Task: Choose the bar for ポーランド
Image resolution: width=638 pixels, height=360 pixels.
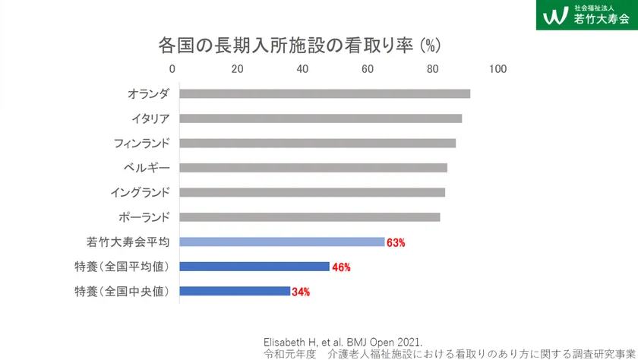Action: coord(309,217)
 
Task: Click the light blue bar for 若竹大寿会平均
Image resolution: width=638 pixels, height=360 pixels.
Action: coord(282,242)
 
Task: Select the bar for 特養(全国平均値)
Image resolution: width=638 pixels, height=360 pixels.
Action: coord(254,267)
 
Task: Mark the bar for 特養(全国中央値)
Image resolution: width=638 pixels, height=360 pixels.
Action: coord(235,291)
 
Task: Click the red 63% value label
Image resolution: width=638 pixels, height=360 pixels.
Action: coord(396,243)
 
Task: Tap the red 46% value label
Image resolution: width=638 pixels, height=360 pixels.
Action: coord(342,267)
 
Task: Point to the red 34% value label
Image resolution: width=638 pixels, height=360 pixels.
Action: coord(302,292)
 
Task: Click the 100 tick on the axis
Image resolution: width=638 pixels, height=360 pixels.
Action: coord(497,69)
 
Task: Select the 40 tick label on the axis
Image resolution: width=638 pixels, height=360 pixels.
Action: coord(302,69)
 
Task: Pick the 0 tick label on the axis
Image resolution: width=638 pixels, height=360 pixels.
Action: coord(173,69)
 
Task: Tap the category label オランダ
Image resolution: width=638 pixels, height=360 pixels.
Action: coord(148,94)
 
